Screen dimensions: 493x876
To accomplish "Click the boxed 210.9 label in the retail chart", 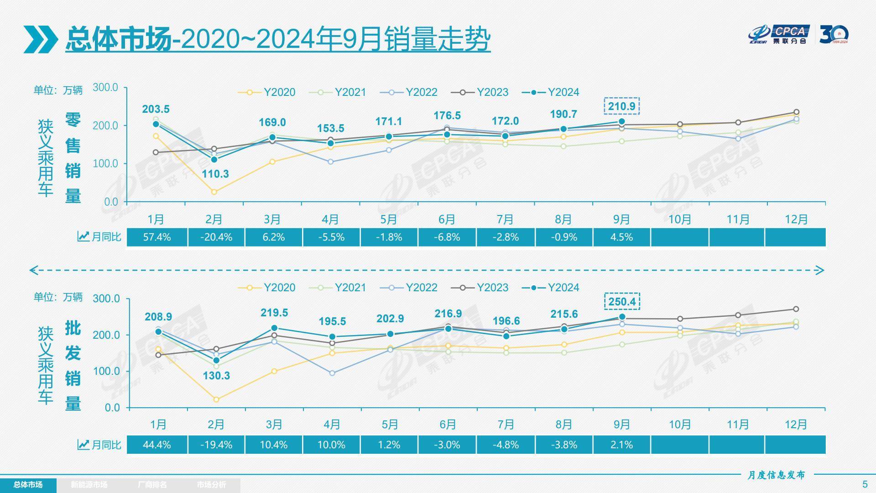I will (x=621, y=106).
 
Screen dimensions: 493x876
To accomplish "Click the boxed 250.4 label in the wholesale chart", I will (x=621, y=302).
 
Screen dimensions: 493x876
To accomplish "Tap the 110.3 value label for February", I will (x=215, y=174).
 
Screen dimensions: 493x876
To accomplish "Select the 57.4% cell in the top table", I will (x=156, y=237).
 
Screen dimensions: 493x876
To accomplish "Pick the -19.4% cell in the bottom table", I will (x=216, y=445).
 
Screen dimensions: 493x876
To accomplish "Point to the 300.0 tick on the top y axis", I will (x=105, y=87).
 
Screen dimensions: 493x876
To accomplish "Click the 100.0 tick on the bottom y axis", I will (x=106, y=371).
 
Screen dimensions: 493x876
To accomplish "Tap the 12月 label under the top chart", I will (x=796, y=220).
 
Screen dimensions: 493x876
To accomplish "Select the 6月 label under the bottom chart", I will (x=447, y=425).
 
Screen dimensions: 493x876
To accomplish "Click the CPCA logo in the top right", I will (x=779, y=35).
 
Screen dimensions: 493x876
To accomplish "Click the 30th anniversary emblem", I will (x=834, y=35).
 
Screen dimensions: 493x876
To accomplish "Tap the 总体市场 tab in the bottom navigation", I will (x=28, y=485).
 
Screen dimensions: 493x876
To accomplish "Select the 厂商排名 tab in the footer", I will (x=152, y=485).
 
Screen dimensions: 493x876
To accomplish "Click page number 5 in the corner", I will (x=865, y=484).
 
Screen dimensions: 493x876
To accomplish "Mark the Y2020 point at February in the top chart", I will (x=214, y=192).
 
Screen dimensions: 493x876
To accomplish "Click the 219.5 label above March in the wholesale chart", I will (x=274, y=313).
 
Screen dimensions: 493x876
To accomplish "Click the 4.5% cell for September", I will (x=621, y=237).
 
